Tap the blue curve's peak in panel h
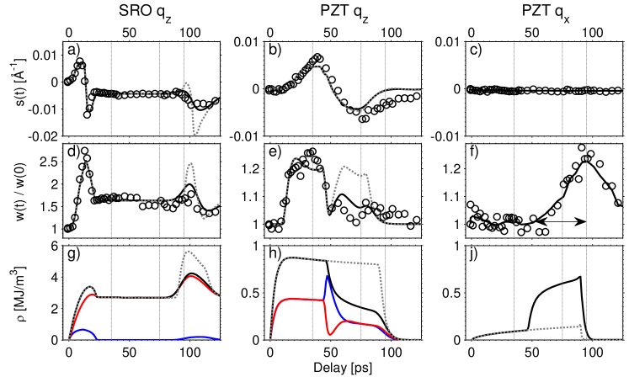(327, 276)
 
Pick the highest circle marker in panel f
(581, 147)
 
